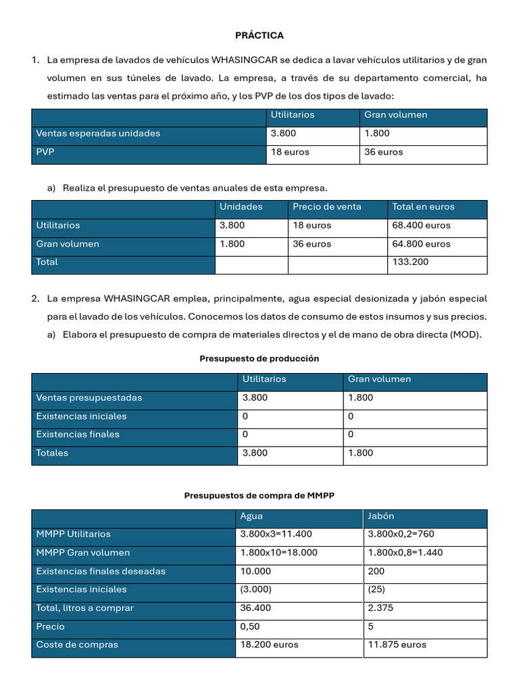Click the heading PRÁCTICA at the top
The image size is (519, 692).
259,35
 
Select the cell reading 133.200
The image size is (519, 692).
410,262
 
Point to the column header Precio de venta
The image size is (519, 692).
327,207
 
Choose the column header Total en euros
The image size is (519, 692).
424,207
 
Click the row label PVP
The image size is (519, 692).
45,152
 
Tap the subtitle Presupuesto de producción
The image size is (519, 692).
259,359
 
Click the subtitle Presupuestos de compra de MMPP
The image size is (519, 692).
259,496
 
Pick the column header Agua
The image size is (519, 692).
251,516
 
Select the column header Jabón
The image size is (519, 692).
381,516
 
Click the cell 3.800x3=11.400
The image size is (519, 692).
276,535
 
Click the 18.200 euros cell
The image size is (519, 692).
270,645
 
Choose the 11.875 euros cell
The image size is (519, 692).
397,645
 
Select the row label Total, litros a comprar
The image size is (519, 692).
85,608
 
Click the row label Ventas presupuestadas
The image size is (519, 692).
89,398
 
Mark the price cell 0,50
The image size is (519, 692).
250,626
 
